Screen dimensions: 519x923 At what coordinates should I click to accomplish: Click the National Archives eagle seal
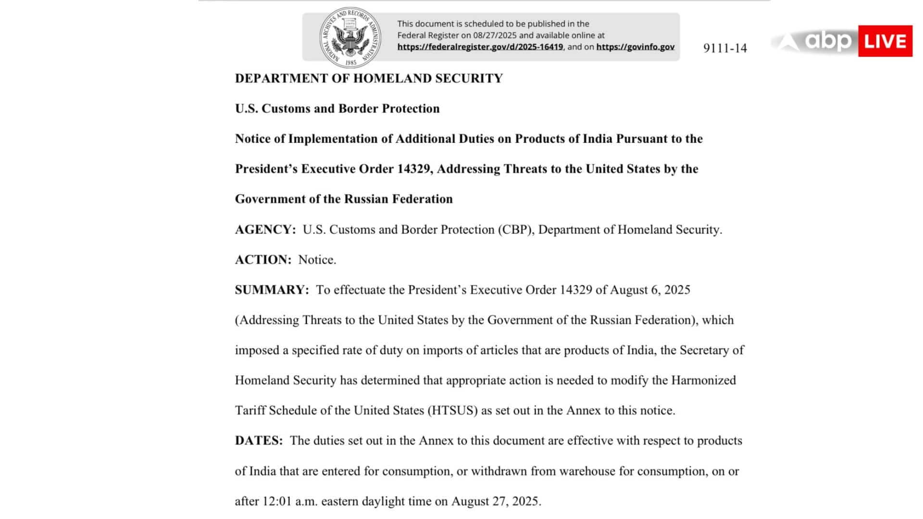point(350,37)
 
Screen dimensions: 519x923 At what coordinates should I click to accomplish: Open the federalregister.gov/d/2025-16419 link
point(480,47)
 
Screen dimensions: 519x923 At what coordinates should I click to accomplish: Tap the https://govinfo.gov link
point(635,47)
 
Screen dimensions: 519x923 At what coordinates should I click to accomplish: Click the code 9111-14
point(725,48)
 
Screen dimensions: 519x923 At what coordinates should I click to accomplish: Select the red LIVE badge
point(885,41)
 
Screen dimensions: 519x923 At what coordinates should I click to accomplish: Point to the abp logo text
point(828,41)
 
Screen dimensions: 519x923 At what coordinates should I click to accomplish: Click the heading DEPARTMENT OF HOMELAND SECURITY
point(369,78)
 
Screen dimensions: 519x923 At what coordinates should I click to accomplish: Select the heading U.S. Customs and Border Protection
point(337,109)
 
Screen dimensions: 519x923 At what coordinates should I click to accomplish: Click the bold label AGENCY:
point(265,230)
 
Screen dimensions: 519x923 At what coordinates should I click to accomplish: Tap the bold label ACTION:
point(263,260)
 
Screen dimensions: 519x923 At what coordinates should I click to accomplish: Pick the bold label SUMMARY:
point(272,290)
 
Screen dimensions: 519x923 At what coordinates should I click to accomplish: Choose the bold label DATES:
point(259,441)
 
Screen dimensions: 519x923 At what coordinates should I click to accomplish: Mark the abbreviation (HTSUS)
point(452,410)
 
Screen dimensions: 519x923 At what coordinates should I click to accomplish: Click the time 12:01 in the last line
point(277,501)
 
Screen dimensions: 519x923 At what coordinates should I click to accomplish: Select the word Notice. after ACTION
point(317,260)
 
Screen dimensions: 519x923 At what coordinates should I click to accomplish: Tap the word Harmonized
point(703,380)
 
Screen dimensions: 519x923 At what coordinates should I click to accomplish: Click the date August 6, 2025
point(650,290)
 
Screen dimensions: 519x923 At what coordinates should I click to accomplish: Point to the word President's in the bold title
point(266,169)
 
